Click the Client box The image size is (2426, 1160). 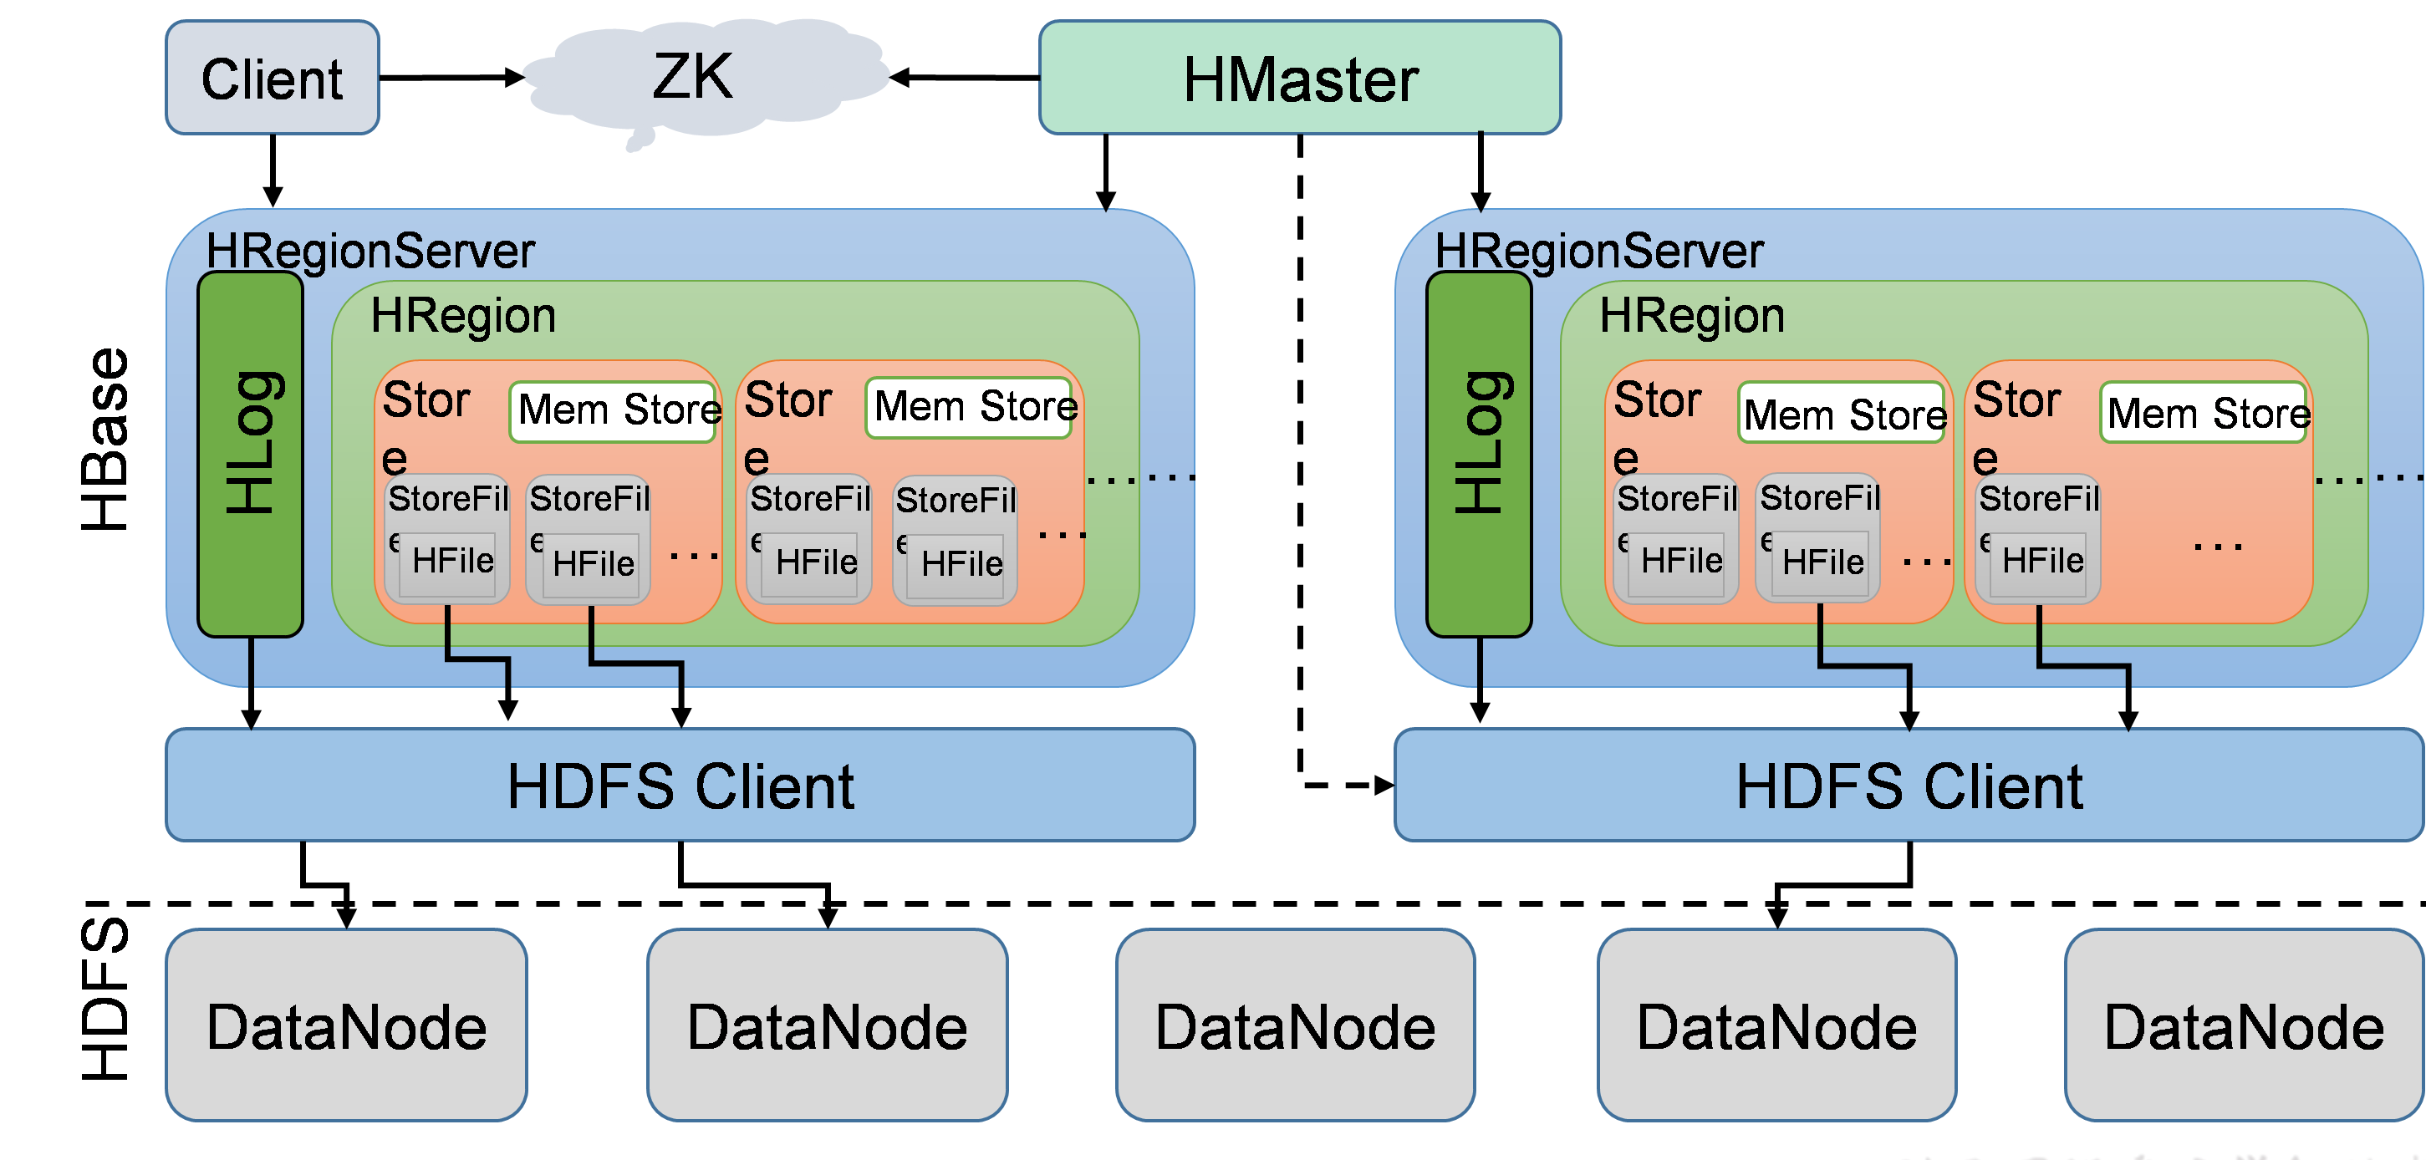273,79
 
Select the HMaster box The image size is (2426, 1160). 1300,79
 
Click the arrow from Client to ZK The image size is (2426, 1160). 452,77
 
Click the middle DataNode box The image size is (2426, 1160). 1296,1025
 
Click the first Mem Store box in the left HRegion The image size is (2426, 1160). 614,410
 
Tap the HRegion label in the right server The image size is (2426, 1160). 1692,315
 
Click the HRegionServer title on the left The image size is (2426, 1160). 370,251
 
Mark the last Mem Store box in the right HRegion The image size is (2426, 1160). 2204,412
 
